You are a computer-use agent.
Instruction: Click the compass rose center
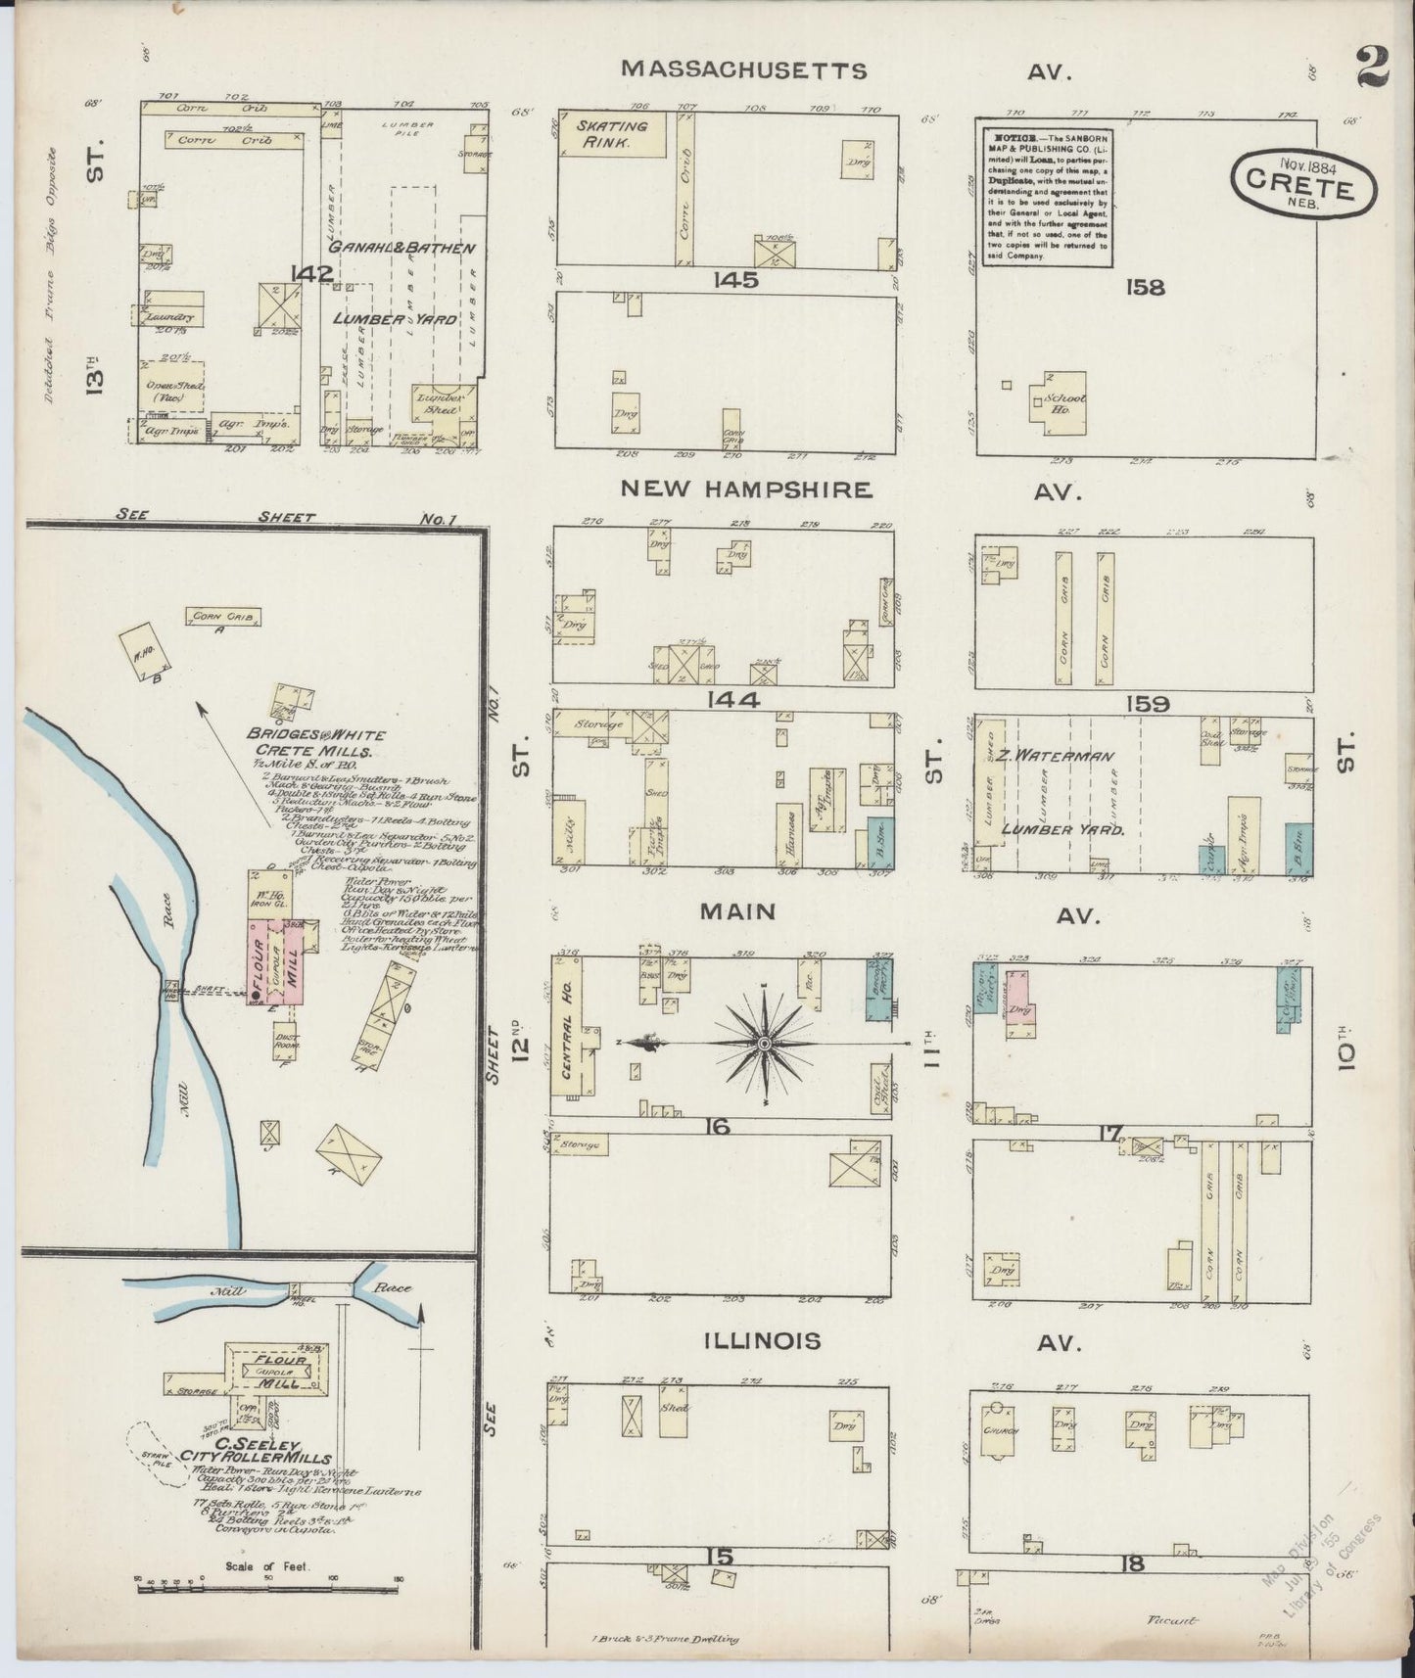[x=763, y=1044]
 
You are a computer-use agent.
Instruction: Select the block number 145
[x=735, y=280]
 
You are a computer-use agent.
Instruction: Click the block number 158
[x=1145, y=287]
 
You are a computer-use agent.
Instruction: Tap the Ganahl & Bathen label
[x=401, y=248]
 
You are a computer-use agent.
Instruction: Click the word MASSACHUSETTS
[x=744, y=70]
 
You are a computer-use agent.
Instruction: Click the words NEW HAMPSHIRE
[x=744, y=489]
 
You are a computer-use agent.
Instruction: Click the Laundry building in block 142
[x=168, y=315]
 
